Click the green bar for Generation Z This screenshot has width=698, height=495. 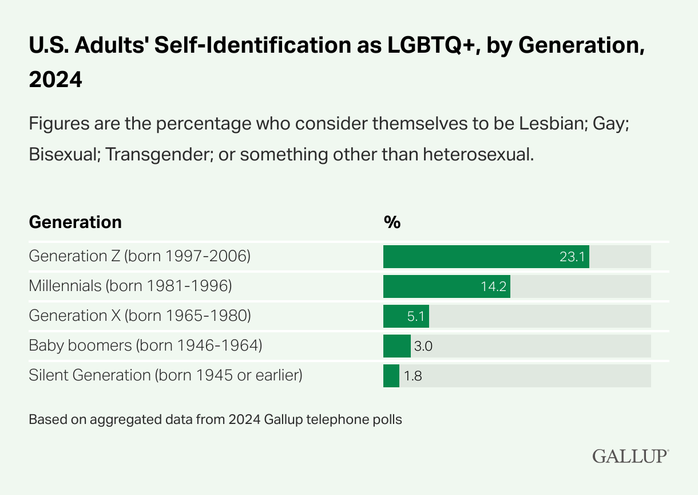pos(469,257)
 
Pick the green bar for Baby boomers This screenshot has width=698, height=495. pos(396,346)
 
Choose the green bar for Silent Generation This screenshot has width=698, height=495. pos(391,376)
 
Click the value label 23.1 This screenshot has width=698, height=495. pos(572,257)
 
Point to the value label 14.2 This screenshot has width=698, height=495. pos(493,286)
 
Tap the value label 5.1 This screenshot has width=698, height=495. pos(414,316)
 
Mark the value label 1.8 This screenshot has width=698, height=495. pos(413,376)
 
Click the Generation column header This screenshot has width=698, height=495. pos(75,222)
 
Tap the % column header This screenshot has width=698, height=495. pos(392,222)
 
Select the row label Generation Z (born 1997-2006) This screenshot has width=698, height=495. pos(140,256)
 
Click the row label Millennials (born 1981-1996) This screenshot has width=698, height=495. pos(130,285)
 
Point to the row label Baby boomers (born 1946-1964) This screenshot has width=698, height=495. pos(145,345)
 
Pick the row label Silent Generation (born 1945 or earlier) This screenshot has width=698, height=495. pos(165,375)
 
